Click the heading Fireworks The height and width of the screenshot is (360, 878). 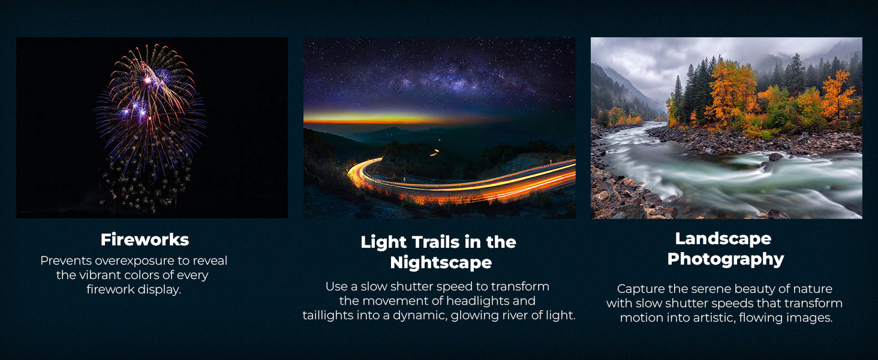tap(145, 239)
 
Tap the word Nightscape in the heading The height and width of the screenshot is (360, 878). tap(441, 263)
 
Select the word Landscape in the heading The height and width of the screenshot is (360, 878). tap(723, 239)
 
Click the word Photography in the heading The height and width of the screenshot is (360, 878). tap(726, 259)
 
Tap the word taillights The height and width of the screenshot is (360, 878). tap(328, 315)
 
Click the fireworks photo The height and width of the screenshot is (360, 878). tap(152, 128)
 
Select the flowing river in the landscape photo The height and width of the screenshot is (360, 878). tap(725, 173)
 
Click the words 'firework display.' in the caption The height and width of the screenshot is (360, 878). tap(134, 290)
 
